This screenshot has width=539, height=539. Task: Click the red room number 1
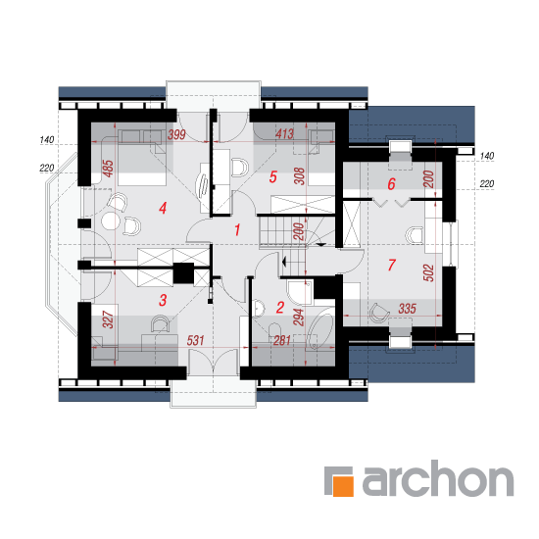click(x=237, y=230)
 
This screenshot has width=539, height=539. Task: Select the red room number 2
click(x=280, y=308)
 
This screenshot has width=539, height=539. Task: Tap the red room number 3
click(x=163, y=300)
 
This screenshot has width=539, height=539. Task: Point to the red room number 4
click(x=163, y=208)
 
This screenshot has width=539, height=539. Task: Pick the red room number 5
click(x=273, y=177)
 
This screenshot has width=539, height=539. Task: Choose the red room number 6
click(x=392, y=184)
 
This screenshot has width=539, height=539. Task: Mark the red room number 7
click(x=392, y=265)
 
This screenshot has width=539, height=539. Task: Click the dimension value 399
click(x=176, y=134)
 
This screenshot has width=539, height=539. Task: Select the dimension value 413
click(x=284, y=133)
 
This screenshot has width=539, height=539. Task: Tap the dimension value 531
click(x=196, y=341)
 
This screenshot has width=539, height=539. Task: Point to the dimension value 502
click(x=428, y=273)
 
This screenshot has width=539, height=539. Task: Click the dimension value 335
click(x=408, y=309)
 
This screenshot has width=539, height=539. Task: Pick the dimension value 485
click(x=108, y=169)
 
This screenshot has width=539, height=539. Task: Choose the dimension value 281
click(x=282, y=341)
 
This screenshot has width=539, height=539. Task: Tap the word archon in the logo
click(x=438, y=478)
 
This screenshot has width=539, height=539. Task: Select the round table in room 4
click(x=111, y=221)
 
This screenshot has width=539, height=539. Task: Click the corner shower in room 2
click(x=300, y=292)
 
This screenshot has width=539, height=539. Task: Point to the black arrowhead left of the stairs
click(x=284, y=262)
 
